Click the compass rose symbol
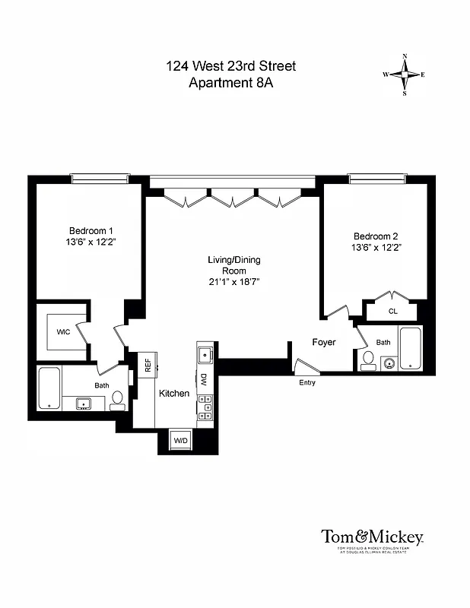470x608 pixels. click(404, 74)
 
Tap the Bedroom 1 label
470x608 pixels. click(91, 231)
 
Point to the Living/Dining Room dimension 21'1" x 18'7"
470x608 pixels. click(233, 281)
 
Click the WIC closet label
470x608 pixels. click(64, 331)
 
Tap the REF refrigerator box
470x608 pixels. click(148, 364)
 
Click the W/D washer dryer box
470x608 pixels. click(180, 440)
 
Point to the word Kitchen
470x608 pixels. click(173, 393)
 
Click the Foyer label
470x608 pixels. click(323, 343)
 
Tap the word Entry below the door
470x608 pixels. click(306, 382)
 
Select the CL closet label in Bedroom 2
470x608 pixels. click(392, 311)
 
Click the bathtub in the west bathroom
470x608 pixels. click(49, 388)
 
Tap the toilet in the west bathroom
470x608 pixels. click(118, 401)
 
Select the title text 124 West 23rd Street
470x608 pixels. click(230, 66)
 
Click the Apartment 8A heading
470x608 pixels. click(230, 83)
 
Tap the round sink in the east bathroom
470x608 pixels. click(389, 363)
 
